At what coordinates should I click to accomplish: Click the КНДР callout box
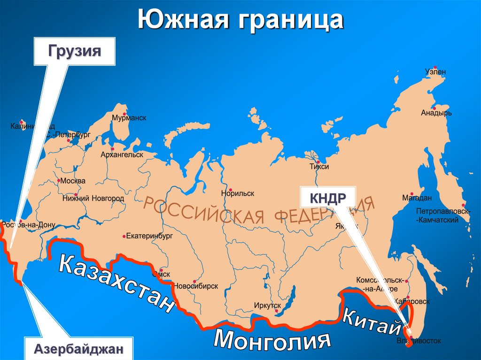point(327,198)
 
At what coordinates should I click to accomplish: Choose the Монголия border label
point(270,339)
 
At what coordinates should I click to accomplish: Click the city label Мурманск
point(129,118)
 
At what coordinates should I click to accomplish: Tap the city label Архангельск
point(122,154)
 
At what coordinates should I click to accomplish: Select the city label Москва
point(73,181)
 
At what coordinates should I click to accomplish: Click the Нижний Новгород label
point(93,198)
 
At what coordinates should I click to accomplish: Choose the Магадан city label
point(426,198)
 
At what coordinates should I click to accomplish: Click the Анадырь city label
point(436,113)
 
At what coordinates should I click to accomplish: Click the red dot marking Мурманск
point(124,114)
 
